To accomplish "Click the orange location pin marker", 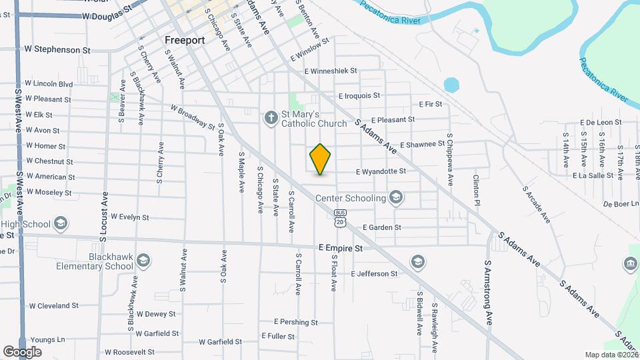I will click(321, 159).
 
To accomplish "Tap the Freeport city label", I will click(185, 40).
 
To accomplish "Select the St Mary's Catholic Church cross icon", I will click(271, 118).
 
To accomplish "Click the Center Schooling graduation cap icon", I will click(396, 197).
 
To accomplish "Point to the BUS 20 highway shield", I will click(341, 218).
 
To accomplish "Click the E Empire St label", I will click(340, 248).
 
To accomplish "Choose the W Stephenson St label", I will click(57, 49).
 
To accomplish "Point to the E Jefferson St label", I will click(368, 274).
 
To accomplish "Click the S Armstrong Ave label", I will click(488, 293).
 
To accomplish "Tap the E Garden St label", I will click(382, 227).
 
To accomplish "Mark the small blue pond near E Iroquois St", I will click(452, 85).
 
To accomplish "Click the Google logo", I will click(22, 352).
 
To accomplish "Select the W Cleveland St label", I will click(53, 306).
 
